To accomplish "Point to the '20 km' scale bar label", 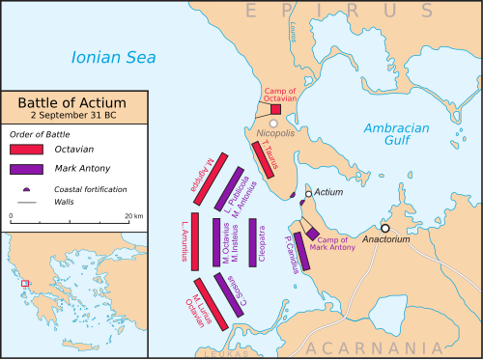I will pyautogui.click(x=132, y=216).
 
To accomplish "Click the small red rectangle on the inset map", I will pyautogui.click(x=25, y=284).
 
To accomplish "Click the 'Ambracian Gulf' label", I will pyautogui.click(x=398, y=136).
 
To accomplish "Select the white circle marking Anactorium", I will pyautogui.click(x=385, y=228).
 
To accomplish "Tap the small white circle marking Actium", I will pyautogui.click(x=308, y=195).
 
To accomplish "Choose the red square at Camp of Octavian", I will pyautogui.click(x=275, y=110).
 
